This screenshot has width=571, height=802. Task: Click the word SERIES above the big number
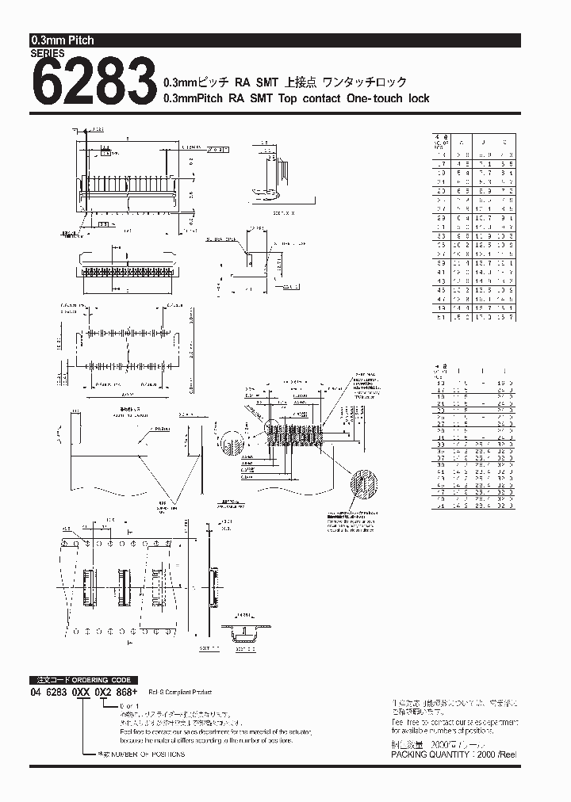[48, 54]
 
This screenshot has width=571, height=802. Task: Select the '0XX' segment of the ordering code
[82, 691]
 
